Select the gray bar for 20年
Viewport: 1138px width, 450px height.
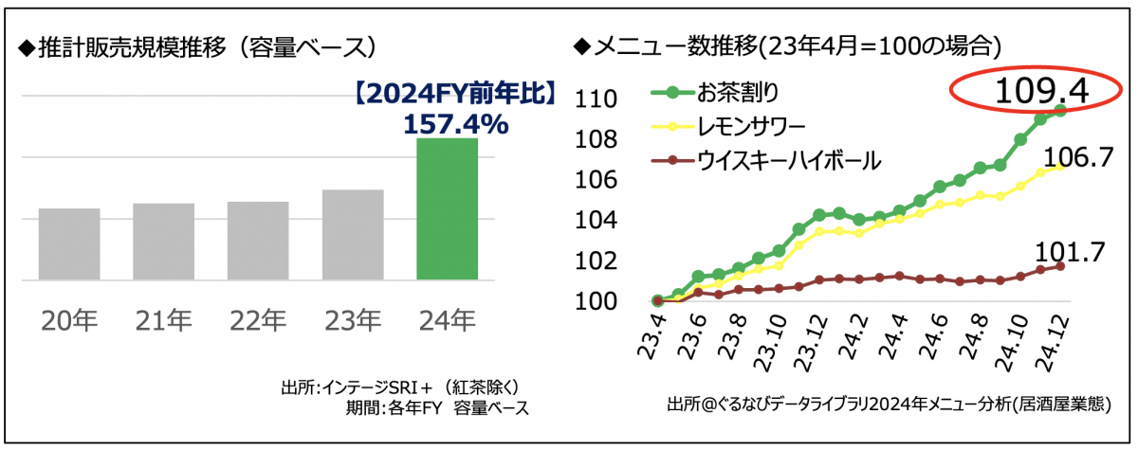pos(69,243)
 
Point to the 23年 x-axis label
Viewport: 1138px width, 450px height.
pos(353,321)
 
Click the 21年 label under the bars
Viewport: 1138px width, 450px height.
pos(163,321)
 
